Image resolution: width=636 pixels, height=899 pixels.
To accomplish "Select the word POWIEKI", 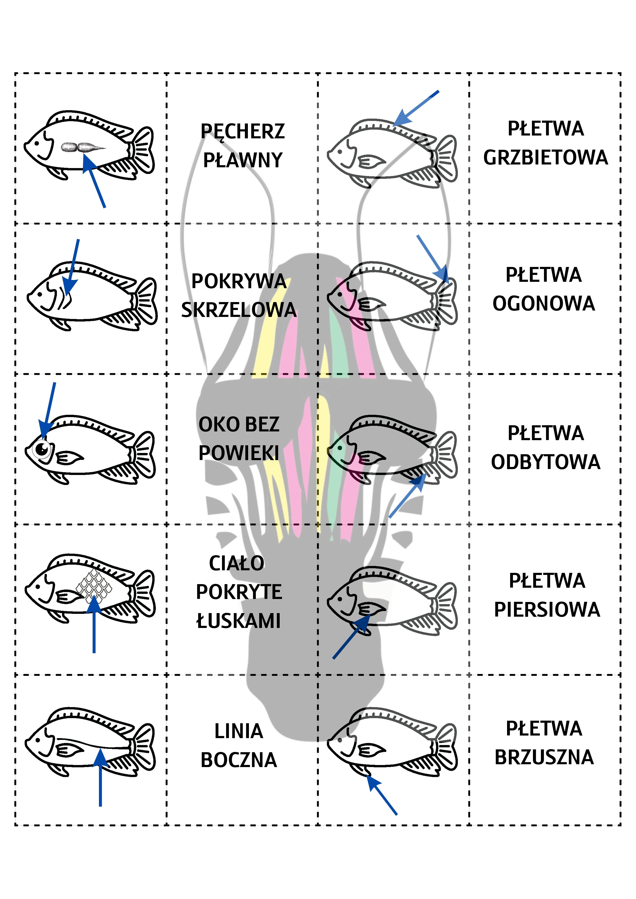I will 239,453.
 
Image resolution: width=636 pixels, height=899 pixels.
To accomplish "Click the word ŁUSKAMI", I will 238,621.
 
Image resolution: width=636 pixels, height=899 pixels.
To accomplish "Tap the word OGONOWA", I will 543,303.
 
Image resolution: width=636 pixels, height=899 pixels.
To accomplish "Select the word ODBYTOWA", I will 546,462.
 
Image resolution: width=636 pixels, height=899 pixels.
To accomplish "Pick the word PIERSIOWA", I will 547,610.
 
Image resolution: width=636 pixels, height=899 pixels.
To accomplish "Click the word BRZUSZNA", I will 544,757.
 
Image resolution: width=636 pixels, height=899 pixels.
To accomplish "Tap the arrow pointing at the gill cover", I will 73,266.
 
